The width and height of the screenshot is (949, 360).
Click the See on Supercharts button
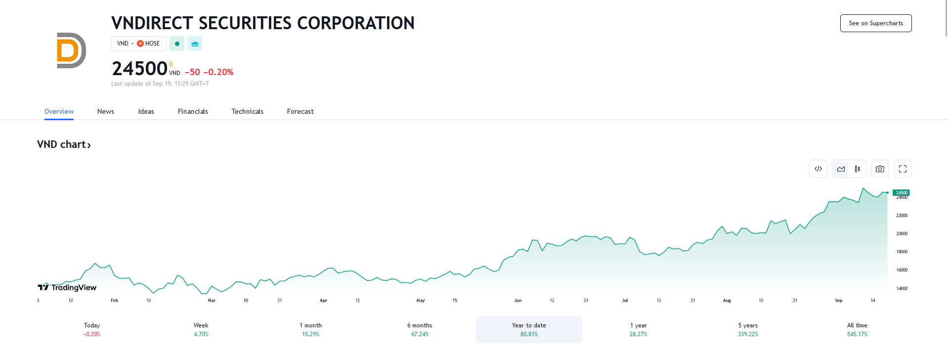click(x=875, y=23)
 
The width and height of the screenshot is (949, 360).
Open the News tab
click(x=105, y=111)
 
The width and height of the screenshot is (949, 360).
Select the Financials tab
click(x=193, y=111)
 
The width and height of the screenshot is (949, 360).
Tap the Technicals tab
click(x=247, y=111)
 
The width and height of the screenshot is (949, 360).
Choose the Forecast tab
click(x=300, y=111)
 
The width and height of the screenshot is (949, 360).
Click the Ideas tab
click(x=146, y=111)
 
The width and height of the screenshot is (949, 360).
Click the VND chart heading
click(x=64, y=144)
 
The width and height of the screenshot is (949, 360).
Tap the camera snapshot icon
click(x=880, y=169)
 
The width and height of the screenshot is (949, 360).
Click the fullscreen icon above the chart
click(x=903, y=169)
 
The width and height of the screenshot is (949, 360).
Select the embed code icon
click(x=818, y=169)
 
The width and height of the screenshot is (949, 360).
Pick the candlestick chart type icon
click(x=858, y=169)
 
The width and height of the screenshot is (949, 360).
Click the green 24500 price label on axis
click(x=901, y=192)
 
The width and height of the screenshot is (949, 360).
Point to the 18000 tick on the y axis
click(x=902, y=252)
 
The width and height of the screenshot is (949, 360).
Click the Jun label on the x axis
click(x=518, y=300)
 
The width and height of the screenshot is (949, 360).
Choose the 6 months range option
click(x=420, y=329)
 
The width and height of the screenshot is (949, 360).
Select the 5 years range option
click(x=748, y=329)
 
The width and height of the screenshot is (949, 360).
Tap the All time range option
click(x=857, y=329)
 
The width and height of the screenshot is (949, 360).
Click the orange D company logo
click(x=71, y=50)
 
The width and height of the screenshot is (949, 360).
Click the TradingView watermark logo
click(x=67, y=287)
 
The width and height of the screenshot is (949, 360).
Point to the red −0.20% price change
click(x=218, y=72)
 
